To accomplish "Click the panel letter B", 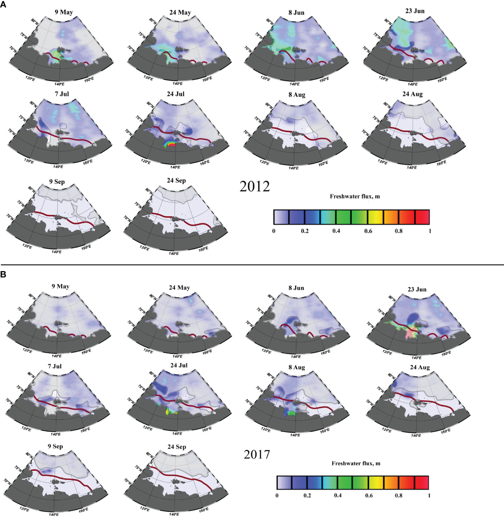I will coord(3,274).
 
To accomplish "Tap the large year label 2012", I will coord(254,187).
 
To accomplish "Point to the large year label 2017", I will coord(257,454).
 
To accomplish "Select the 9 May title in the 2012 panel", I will coord(64,12).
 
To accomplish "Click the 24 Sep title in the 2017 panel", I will coord(177,447).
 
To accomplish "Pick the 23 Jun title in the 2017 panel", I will coord(417,289).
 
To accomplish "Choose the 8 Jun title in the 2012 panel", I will coord(296,13).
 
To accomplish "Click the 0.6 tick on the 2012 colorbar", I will coord(368,231).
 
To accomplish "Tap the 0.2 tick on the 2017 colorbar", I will coord(307,495).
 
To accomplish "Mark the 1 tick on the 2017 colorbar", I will coord(429,495).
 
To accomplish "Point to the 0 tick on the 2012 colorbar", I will coord(274,231).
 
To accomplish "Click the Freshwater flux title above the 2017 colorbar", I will coord(356,464).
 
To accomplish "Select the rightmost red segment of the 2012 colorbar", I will coord(422,217).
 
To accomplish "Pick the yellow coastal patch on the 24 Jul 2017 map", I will coord(168,412).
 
